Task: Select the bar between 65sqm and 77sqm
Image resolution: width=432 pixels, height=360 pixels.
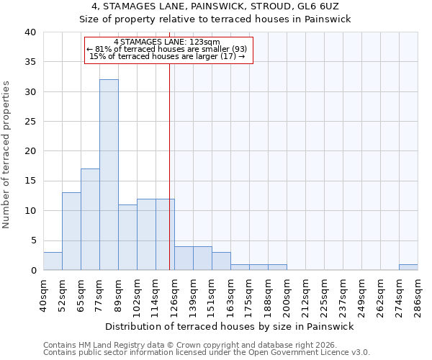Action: pos(90,220)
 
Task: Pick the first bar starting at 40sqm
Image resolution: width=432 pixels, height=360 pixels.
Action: pos(53,261)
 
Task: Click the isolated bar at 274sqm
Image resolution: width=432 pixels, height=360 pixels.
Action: pos(408,267)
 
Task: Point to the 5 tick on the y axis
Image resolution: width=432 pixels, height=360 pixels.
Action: pos(33,240)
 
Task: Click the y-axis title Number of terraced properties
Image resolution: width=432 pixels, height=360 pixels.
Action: pos(7,155)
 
